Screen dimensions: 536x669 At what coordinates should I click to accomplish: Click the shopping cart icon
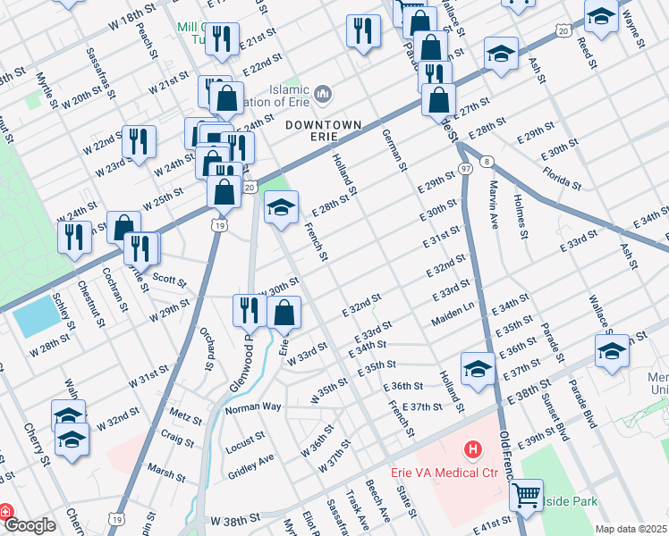point(527,492)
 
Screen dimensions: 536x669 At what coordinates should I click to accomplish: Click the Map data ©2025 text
point(631,529)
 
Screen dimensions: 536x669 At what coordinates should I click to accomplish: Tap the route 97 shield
point(464,169)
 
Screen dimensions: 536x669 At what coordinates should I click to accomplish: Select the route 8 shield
point(486,161)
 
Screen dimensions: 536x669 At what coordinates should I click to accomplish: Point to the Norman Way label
point(253,407)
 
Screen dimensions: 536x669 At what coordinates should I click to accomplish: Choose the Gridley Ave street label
point(251,459)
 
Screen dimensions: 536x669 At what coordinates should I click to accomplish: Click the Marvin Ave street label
point(493,206)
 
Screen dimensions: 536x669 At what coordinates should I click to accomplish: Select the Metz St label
point(185,415)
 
